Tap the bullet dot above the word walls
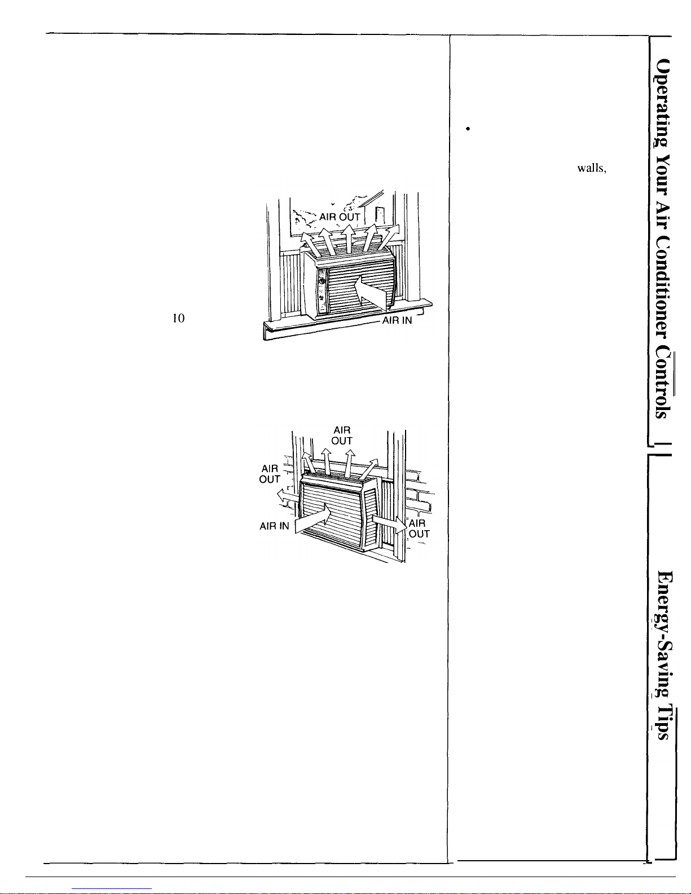click(x=468, y=130)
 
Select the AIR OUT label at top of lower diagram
click(x=342, y=435)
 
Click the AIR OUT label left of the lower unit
click(x=270, y=474)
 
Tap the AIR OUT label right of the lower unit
click(x=419, y=529)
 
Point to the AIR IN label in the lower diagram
click(x=274, y=526)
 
